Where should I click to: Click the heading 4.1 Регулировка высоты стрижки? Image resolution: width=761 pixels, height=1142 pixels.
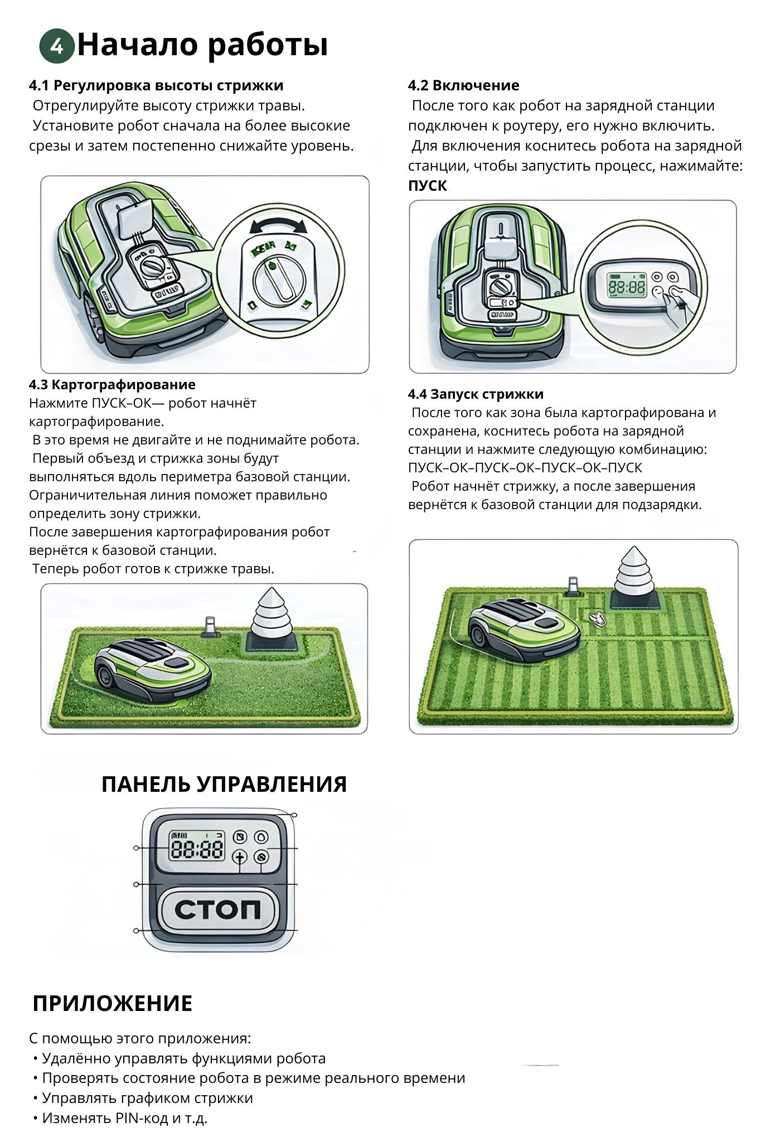point(156,85)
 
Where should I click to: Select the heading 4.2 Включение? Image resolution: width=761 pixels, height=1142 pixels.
point(463,85)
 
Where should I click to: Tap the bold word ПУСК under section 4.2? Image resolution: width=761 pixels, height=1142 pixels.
point(428,186)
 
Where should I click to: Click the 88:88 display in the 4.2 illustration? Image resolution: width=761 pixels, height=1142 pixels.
point(626,287)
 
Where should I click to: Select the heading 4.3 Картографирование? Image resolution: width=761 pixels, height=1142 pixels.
point(112,384)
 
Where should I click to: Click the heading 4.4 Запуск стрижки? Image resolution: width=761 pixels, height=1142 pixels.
point(476,394)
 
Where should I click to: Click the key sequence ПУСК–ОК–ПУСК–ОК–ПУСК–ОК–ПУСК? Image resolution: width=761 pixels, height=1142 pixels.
point(525,467)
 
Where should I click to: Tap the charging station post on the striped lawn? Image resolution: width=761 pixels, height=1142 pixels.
point(573,587)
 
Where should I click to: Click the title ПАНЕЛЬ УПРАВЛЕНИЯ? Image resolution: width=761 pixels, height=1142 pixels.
point(224,784)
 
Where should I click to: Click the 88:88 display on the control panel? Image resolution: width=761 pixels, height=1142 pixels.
point(197,849)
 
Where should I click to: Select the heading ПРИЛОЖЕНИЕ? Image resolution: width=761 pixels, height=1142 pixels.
point(113,1004)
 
